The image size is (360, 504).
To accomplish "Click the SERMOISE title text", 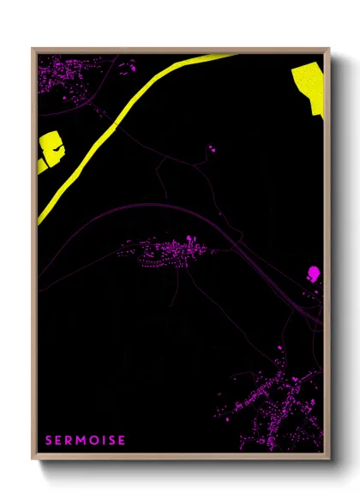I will [x=86, y=441].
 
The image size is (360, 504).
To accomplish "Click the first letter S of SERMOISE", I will [x=50, y=441].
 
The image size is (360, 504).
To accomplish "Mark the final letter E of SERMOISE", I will [x=123, y=441].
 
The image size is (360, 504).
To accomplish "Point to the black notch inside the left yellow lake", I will [x=57, y=151].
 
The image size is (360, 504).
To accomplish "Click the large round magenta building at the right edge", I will [x=313, y=273].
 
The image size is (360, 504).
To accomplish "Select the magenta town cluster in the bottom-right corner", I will [x=274, y=403].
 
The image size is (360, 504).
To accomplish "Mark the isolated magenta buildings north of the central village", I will [x=211, y=149].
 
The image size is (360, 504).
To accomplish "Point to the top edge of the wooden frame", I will [x=180, y=50].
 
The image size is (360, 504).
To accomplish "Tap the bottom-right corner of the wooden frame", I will [x=327, y=457].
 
